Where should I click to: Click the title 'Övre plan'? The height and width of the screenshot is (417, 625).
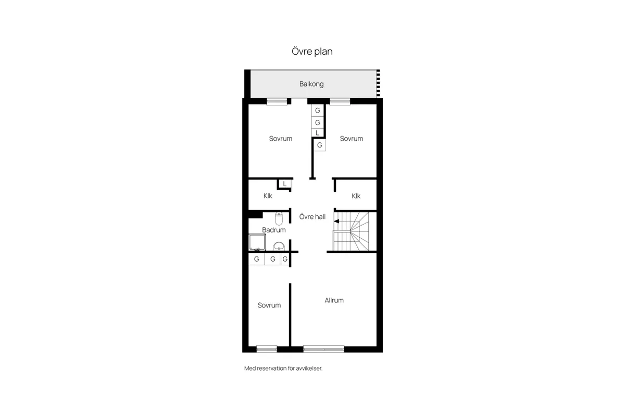pos(312,52)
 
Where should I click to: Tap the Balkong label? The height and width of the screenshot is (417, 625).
pos(311,84)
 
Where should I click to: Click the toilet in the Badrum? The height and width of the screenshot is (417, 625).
pos(279,219)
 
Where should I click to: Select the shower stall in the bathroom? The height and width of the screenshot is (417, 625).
pos(257,242)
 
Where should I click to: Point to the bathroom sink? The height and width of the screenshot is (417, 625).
pos(279,247)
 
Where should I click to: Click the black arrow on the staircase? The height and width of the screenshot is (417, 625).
pos(336,221)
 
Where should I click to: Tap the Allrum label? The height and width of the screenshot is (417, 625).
pos(334,301)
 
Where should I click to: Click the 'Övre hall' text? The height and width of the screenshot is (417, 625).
pos(312,217)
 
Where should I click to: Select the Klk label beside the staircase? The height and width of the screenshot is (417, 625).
pos(356,196)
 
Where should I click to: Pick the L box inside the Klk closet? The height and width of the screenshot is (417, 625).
pos(284,184)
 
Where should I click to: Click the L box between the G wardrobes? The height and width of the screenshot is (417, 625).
pos(317,133)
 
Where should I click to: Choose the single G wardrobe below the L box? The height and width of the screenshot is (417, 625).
pos(319,145)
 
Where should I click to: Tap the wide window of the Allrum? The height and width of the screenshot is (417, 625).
pos(323,349)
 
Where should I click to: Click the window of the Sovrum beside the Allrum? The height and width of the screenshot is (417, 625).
pos(267,349)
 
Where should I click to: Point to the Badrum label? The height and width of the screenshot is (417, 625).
pos(274,230)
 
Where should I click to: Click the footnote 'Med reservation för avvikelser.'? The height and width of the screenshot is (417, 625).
pos(283,369)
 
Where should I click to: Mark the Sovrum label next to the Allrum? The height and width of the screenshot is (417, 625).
pos(269,305)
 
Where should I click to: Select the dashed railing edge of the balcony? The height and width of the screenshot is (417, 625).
pos(378,83)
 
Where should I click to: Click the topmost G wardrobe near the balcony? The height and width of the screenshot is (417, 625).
pos(318,111)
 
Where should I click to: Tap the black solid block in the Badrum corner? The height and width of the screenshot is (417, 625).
pos(256,215)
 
